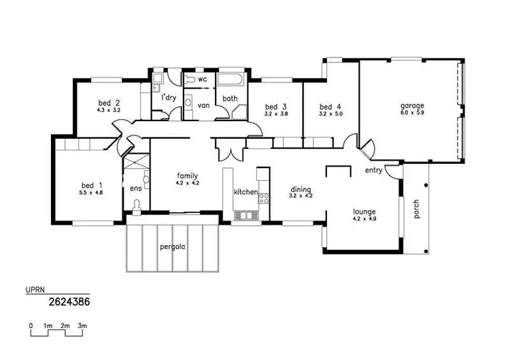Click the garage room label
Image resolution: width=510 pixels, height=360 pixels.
point(412,105)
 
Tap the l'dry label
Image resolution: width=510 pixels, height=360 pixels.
point(169,97)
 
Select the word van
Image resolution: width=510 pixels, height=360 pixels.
point(203,105)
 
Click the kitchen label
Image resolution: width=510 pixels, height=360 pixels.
point(245,192)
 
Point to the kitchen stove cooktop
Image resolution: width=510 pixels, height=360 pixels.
point(264,199)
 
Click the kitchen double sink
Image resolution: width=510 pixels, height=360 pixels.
point(243,216)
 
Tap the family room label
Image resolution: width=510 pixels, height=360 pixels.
point(188,175)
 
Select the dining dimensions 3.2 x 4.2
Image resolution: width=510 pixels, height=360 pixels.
point(301,196)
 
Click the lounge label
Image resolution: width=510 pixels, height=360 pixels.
point(364,211)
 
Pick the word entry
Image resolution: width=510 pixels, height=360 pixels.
point(373,170)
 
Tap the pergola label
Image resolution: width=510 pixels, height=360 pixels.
point(172,246)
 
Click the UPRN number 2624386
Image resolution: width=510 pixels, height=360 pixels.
point(69,299)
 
